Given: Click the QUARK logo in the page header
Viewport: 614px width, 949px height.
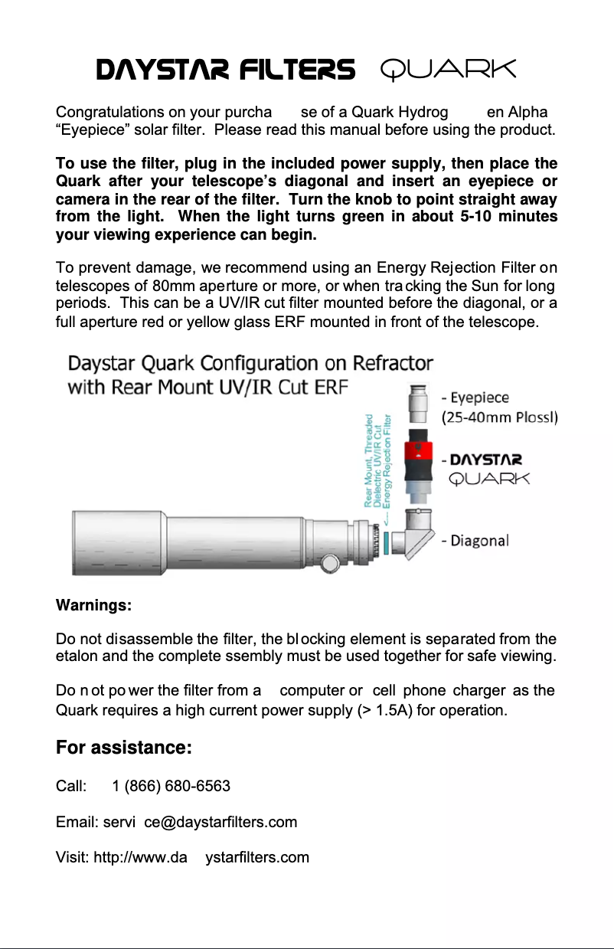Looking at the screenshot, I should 449,70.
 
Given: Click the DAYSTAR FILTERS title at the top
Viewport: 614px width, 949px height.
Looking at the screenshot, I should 225,70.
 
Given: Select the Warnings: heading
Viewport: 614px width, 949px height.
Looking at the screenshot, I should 94,606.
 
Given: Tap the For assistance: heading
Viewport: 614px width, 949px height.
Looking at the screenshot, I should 123,747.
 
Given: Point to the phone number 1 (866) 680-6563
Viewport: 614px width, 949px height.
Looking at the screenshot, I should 171,786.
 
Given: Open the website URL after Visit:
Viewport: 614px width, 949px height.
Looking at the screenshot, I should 201,857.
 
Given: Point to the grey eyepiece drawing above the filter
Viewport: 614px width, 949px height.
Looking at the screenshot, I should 419,403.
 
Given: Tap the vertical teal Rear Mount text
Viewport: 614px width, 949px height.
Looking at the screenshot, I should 377,460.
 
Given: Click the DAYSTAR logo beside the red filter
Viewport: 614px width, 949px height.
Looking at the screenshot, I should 486,460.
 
